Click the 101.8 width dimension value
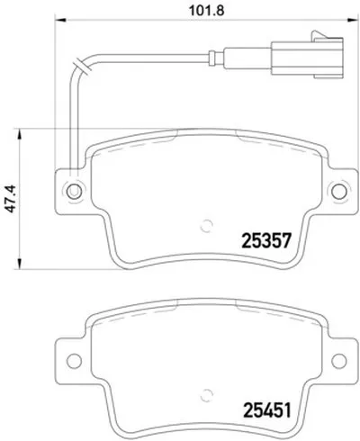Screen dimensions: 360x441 coord(207,11)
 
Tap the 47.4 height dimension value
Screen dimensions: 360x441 coord(11,199)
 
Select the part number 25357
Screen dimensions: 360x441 coord(266,240)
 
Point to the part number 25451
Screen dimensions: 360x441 coord(267,410)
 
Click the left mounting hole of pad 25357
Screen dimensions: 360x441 coord(74,191)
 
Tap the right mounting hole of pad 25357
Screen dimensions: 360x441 coord(339,191)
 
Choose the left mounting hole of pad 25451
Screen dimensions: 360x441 coord(74,361)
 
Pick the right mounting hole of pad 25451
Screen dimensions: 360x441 coord(339,361)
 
